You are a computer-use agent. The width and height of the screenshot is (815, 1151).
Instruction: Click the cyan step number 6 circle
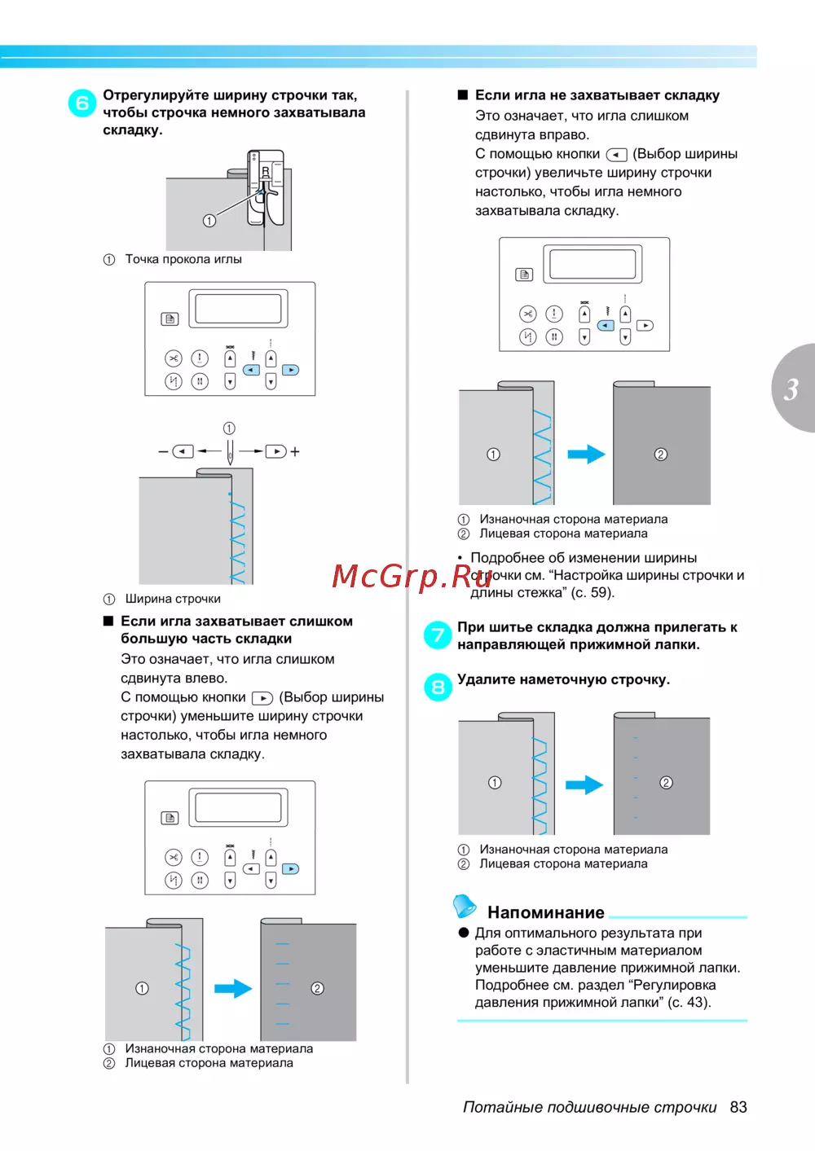click(82, 103)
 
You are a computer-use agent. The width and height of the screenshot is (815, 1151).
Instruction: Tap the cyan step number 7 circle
click(438, 635)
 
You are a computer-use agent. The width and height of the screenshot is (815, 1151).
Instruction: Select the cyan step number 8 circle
click(438, 687)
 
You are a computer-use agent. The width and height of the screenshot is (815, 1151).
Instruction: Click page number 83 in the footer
click(738, 1107)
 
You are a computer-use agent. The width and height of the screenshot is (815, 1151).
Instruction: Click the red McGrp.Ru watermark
click(412, 576)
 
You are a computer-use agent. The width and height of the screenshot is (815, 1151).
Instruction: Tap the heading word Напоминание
click(545, 912)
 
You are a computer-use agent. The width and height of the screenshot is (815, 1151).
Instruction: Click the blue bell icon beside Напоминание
click(465, 905)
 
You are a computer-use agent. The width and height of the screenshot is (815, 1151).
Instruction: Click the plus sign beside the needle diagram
click(295, 451)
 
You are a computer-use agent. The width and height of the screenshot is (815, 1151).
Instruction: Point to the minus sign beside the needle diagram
click(163, 451)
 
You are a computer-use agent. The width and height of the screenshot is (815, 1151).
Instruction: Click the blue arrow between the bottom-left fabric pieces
click(233, 988)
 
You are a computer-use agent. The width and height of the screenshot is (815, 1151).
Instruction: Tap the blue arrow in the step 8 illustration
click(584, 784)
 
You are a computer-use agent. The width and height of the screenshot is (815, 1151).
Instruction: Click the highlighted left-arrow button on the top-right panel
click(606, 325)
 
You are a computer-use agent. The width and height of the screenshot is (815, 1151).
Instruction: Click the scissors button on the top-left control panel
click(174, 358)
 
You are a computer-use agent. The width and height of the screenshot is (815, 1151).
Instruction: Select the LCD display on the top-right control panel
click(593, 264)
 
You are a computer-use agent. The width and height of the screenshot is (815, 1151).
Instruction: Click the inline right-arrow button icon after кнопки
click(262, 698)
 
